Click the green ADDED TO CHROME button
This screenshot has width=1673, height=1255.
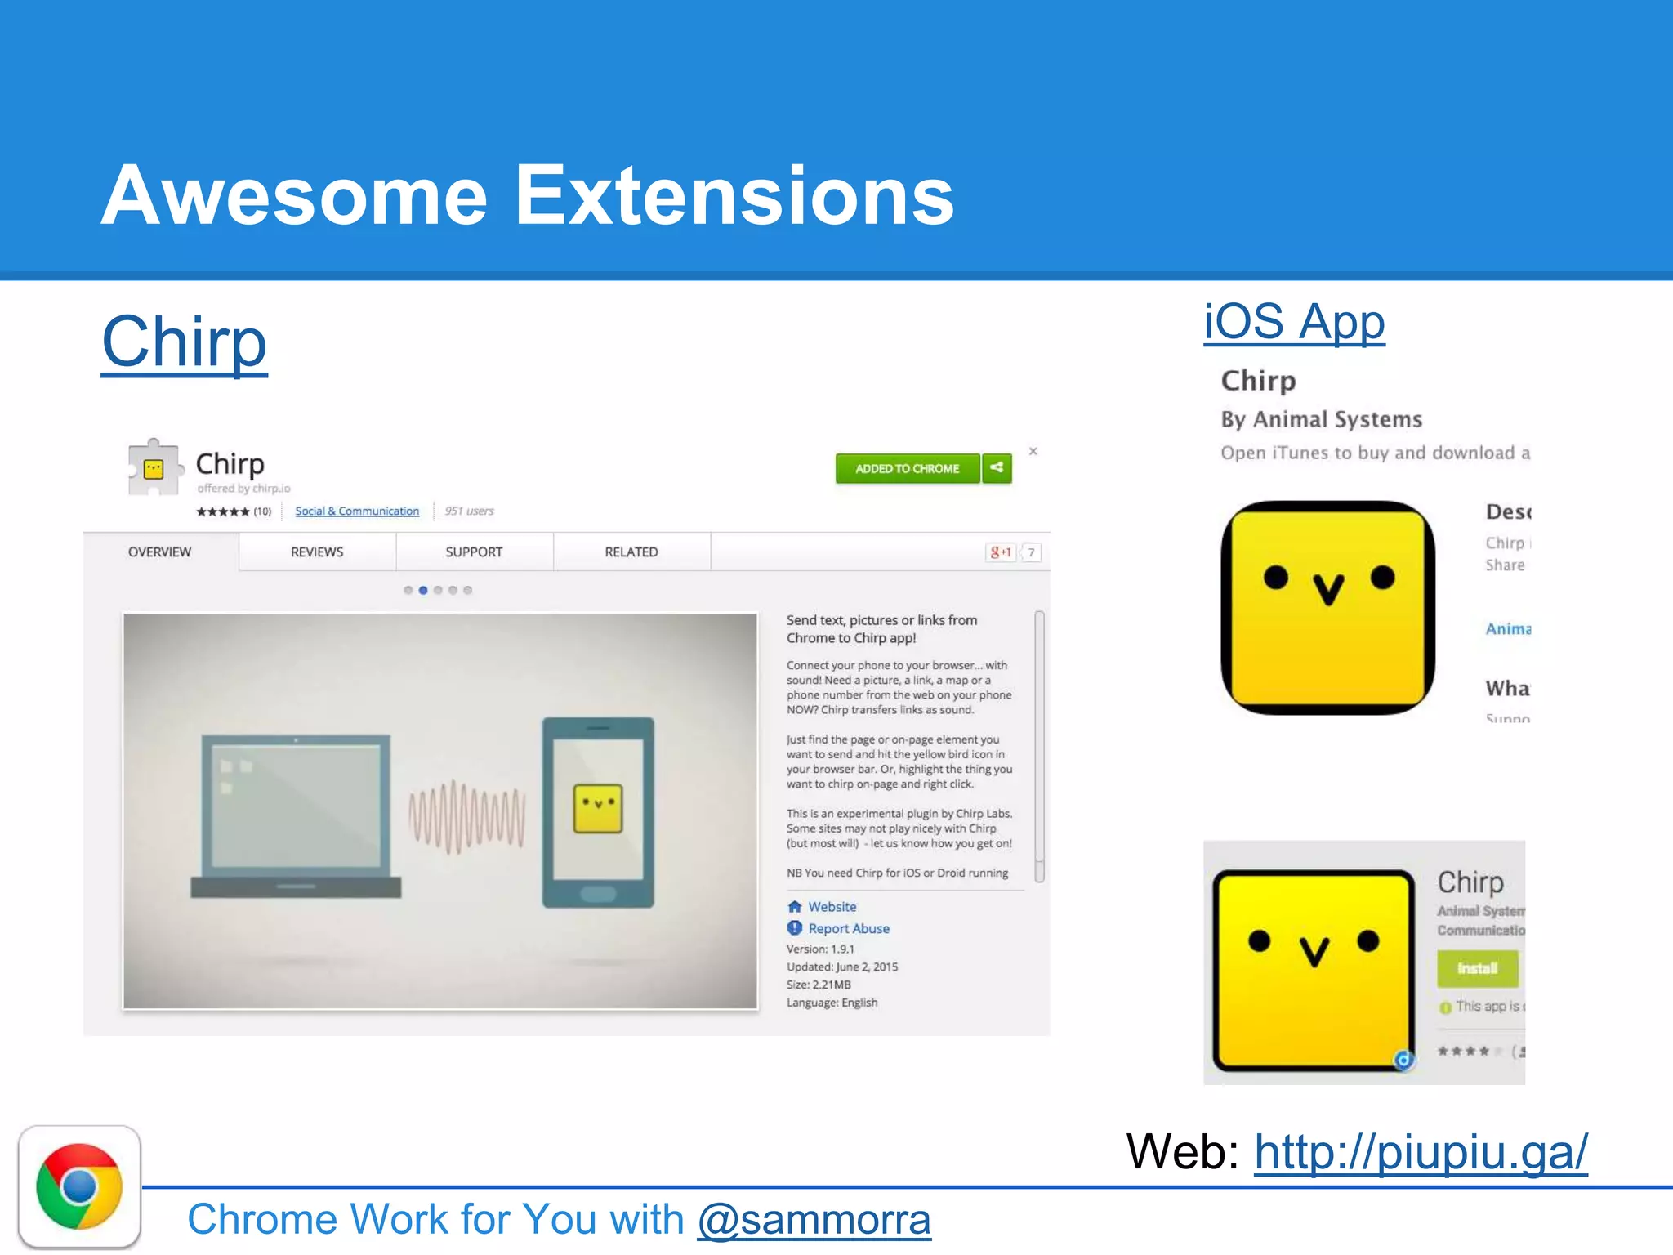click(907, 468)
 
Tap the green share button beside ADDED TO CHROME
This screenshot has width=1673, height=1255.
click(997, 468)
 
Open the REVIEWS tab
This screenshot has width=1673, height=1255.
click(317, 552)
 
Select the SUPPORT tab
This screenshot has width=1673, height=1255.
click(474, 552)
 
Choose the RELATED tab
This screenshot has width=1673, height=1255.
click(631, 552)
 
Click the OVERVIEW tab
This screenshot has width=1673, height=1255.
click(159, 552)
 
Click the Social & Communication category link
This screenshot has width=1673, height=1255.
click(357, 511)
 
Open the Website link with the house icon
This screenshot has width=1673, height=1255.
click(832, 907)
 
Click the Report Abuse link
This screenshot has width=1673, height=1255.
click(848, 929)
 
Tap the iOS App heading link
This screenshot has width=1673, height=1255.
click(1294, 322)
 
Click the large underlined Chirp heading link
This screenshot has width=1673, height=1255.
click(185, 343)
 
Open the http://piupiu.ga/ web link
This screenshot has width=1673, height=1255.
click(1421, 1152)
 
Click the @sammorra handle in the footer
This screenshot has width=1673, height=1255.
click(814, 1220)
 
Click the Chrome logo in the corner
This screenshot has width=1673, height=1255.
click(79, 1186)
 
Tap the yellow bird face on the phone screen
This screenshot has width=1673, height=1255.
click(598, 807)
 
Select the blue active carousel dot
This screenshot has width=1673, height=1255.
click(423, 590)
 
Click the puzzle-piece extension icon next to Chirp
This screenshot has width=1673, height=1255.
click(154, 467)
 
